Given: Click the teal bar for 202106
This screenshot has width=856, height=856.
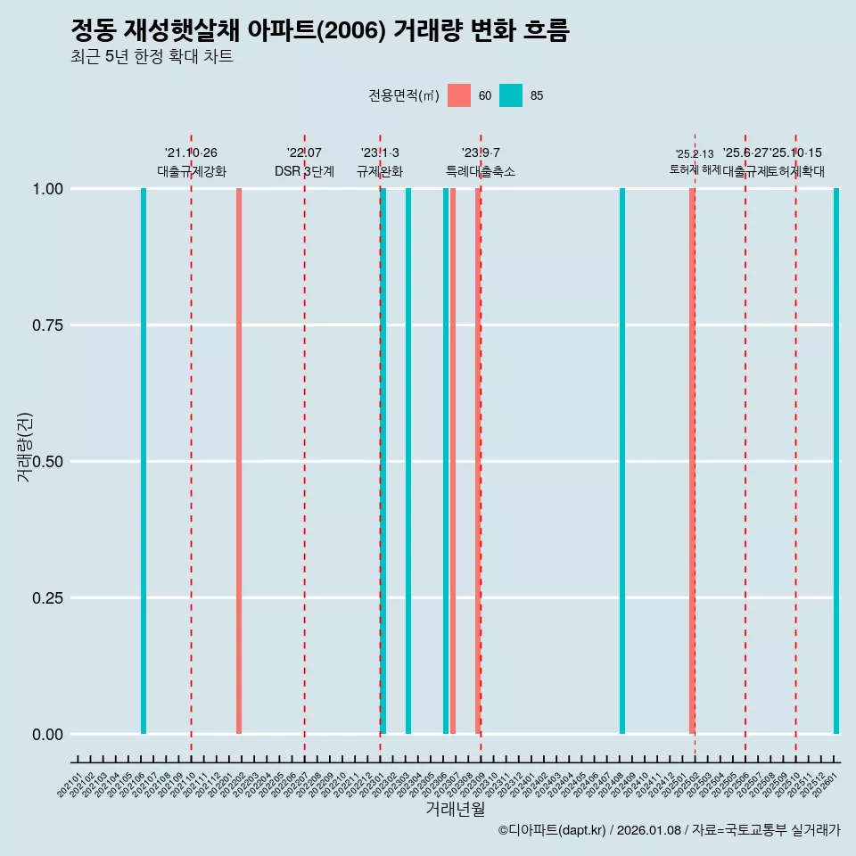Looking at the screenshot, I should click(x=144, y=461).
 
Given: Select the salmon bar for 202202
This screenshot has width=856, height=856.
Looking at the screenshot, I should click(x=239, y=461).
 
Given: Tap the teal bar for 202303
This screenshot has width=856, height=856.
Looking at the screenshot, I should click(x=408, y=461).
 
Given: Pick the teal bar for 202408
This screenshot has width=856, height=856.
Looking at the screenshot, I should click(x=622, y=461).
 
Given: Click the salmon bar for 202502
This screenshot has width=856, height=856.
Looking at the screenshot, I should click(x=692, y=461).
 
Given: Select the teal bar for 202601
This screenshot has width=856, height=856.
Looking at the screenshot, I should click(x=836, y=461).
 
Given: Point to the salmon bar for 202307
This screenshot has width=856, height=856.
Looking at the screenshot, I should click(x=453, y=461).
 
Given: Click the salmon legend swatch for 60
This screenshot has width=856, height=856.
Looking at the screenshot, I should click(x=459, y=95).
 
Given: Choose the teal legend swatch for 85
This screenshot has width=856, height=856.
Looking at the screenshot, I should click(x=511, y=95).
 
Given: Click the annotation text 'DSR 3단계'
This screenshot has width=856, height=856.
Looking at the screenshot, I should click(x=304, y=171).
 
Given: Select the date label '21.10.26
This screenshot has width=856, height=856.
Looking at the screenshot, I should click(x=191, y=152).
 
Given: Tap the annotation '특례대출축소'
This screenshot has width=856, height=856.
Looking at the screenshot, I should click(x=481, y=171).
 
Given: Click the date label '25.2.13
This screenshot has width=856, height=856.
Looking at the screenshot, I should click(x=694, y=153).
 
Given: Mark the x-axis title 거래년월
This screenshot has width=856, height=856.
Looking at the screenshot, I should click(x=455, y=810).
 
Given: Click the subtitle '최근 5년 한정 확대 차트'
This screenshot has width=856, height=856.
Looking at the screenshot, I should click(x=152, y=57).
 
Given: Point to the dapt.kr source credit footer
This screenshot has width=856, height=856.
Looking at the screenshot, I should click(x=669, y=830).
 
